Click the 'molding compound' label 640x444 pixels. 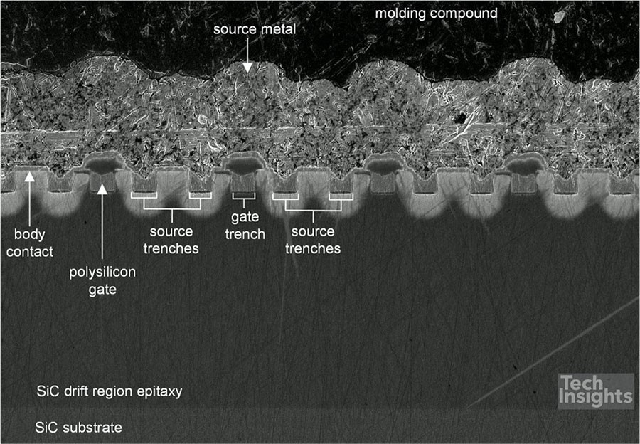[x=437, y=14]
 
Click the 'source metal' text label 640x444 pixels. [x=255, y=29]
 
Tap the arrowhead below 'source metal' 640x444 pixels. [x=247, y=68]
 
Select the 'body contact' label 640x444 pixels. [x=30, y=243]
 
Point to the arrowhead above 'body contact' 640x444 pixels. [x=29, y=176]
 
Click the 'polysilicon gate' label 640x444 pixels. [x=102, y=280]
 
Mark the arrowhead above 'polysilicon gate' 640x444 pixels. [x=102, y=189]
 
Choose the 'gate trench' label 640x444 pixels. [x=245, y=226]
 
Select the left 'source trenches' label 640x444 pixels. [x=171, y=240]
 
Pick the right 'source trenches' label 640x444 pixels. [x=313, y=240]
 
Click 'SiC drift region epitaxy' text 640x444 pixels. [x=110, y=392]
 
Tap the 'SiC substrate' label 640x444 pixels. [x=78, y=428]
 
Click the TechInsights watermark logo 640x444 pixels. [x=595, y=391]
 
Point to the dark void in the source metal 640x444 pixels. [x=462, y=118]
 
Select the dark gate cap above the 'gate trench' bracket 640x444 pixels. [x=244, y=164]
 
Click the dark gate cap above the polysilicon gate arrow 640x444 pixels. [x=104, y=164]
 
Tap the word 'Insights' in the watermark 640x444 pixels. [x=595, y=398]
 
